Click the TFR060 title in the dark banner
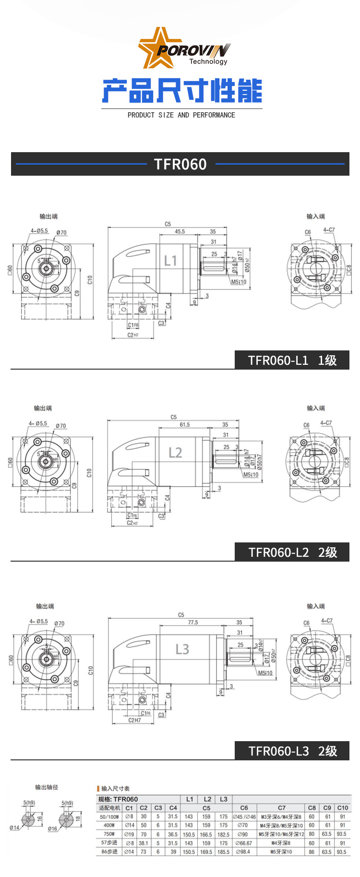(x=180, y=164)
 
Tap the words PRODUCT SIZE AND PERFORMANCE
(x=181, y=115)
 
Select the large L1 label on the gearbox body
(x=170, y=261)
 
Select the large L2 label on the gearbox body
(x=175, y=453)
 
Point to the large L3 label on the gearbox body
(x=182, y=649)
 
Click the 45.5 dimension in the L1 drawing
(x=180, y=231)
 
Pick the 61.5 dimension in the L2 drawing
(x=185, y=424)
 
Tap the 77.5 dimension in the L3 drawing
(x=193, y=623)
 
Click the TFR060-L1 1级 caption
(x=292, y=360)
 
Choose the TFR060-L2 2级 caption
(x=292, y=552)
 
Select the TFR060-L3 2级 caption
(x=292, y=751)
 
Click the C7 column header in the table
(x=281, y=808)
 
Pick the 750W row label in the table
(x=109, y=834)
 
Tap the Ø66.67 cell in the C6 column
(x=243, y=843)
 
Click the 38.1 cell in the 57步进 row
(x=144, y=843)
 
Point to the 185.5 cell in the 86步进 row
(x=223, y=852)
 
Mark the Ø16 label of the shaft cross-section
(x=52, y=829)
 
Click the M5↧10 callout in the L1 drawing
(x=239, y=282)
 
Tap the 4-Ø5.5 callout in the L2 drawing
(x=38, y=423)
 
